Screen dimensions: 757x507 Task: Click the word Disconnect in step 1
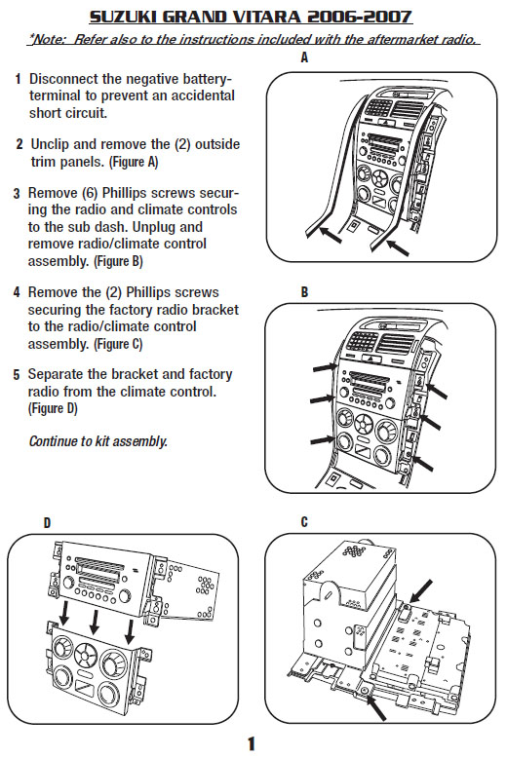[x=68, y=77]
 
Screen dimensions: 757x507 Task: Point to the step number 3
[x=17, y=193]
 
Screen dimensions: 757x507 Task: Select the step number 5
[x=17, y=374]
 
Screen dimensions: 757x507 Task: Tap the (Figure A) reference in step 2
[x=132, y=162]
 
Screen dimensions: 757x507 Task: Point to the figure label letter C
[x=305, y=522]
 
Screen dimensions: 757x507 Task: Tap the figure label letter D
[x=46, y=522]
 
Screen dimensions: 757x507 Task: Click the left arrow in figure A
[x=328, y=237]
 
